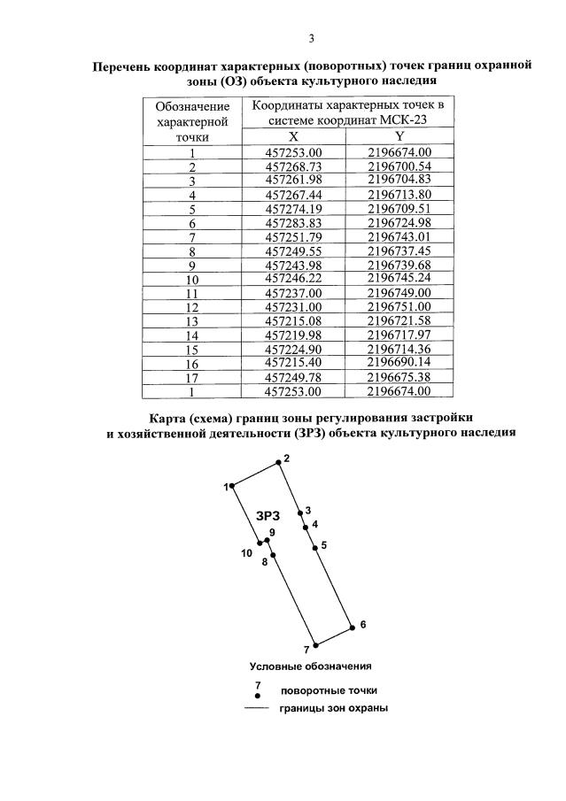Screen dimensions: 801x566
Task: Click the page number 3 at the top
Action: (312, 38)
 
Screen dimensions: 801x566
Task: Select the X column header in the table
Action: (294, 136)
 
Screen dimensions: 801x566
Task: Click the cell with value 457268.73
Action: (294, 166)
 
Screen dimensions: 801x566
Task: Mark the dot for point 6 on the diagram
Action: (352, 626)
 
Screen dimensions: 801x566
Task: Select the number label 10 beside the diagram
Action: (246, 553)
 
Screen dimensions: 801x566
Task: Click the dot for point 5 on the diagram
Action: (314, 548)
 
